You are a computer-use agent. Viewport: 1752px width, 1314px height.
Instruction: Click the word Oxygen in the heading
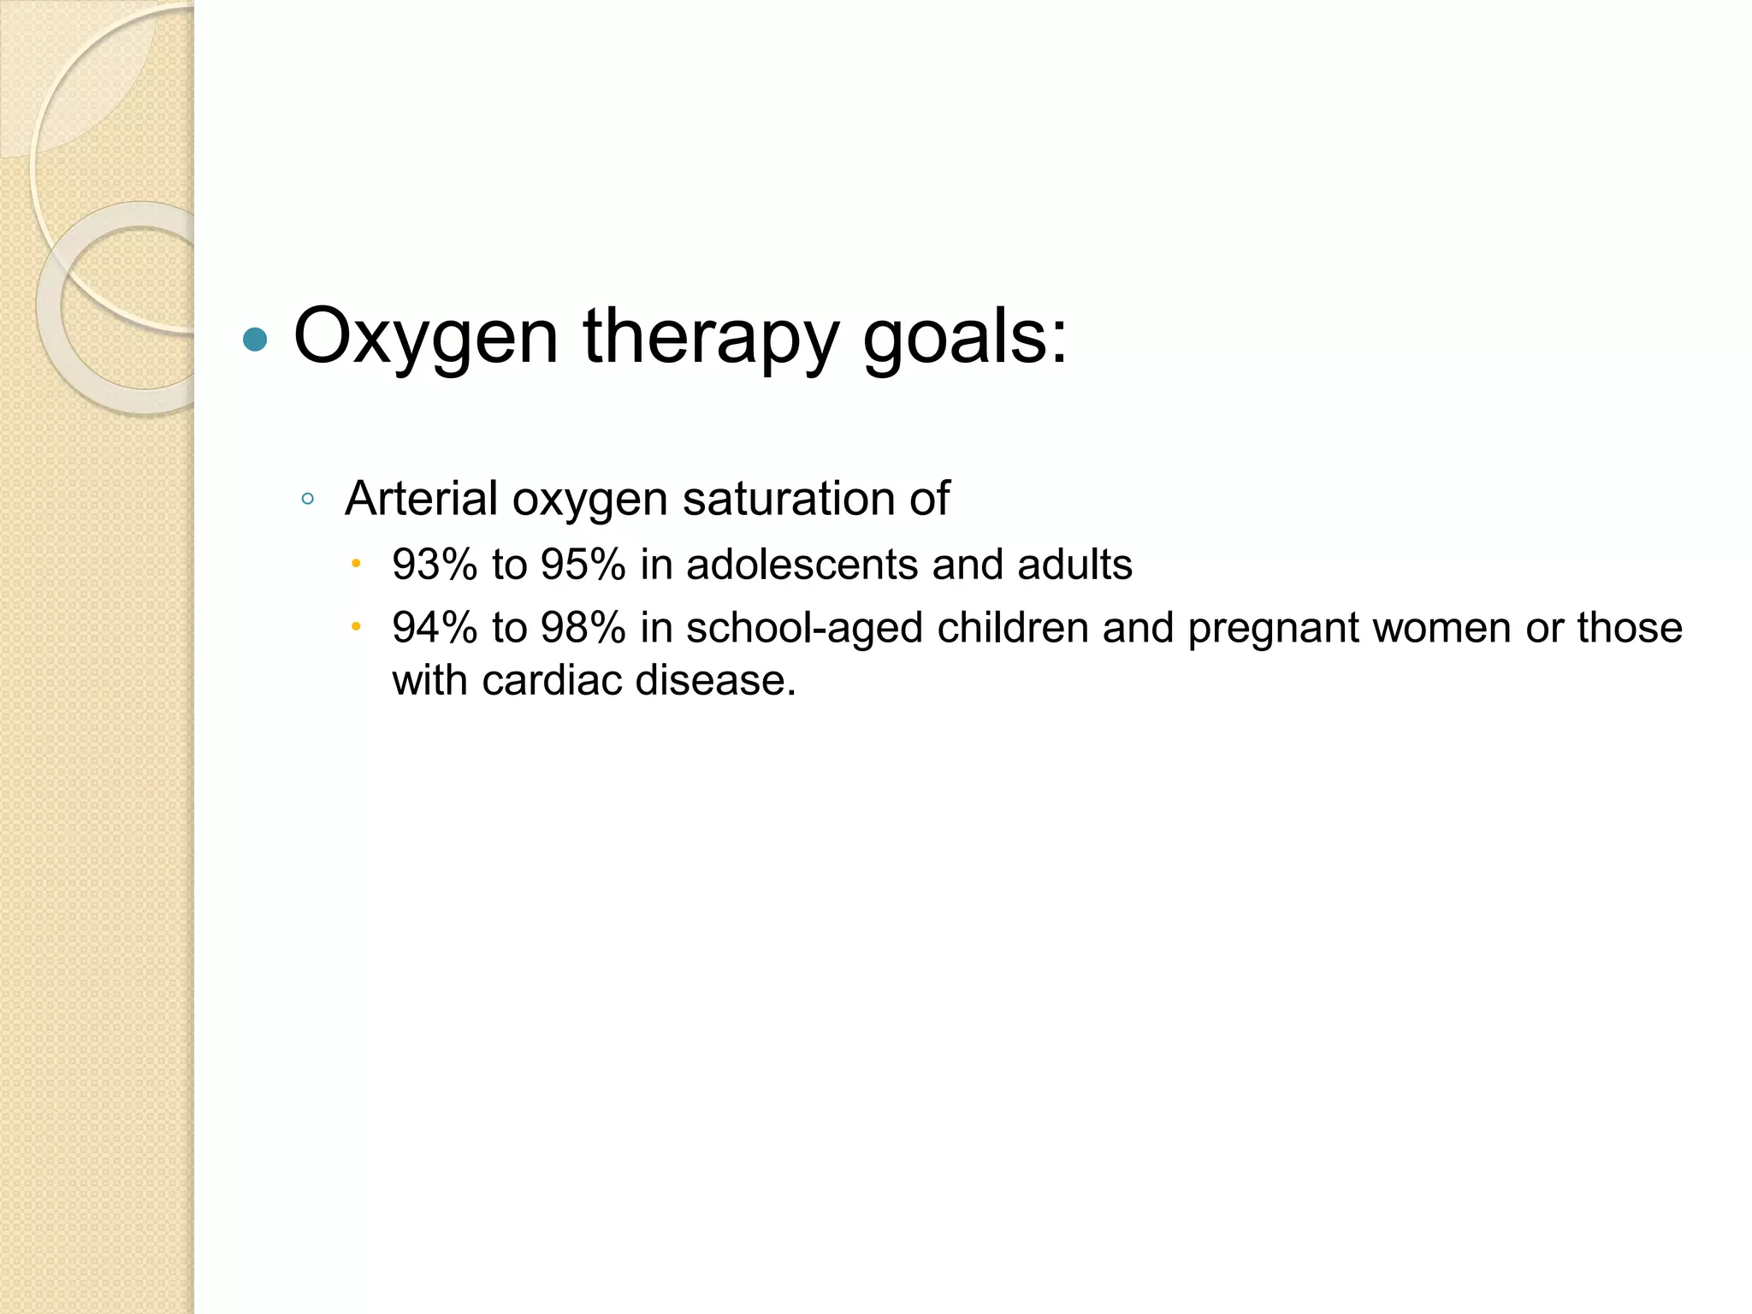coord(425,337)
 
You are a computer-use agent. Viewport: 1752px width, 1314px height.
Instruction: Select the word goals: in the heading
coord(965,337)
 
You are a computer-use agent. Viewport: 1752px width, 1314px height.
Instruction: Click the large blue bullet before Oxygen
coord(255,340)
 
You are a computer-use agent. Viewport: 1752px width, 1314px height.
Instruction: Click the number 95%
coord(583,565)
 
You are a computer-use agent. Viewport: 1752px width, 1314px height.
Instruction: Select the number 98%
coord(583,628)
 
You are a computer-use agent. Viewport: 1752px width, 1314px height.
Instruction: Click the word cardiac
coord(552,681)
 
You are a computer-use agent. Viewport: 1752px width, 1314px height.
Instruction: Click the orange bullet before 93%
coord(356,564)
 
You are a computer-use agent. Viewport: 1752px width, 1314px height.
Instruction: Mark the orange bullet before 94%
coord(356,627)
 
